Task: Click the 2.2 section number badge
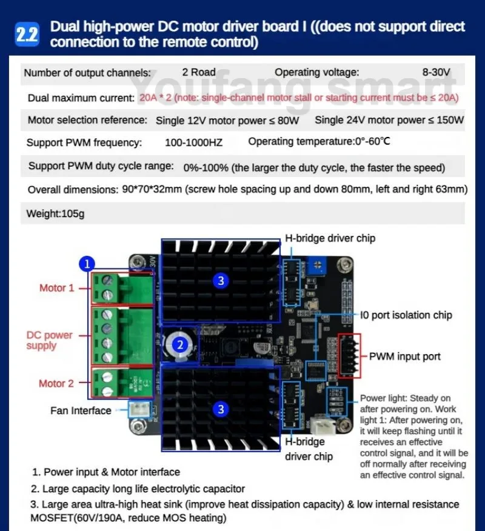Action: [26, 35]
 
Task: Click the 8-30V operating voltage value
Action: [436, 73]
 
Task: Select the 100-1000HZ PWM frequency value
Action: [194, 143]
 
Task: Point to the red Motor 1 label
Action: [56, 288]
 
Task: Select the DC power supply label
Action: [49, 340]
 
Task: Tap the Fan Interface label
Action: [81, 410]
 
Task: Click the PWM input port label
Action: [405, 356]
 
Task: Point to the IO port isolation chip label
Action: [406, 315]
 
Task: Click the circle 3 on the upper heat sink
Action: [221, 280]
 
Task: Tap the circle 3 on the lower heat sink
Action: [221, 409]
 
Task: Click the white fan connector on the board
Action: [138, 410]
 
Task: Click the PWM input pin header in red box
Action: [349, 357]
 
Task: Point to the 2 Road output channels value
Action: [199, 73]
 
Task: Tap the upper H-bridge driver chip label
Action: [330, 238]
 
